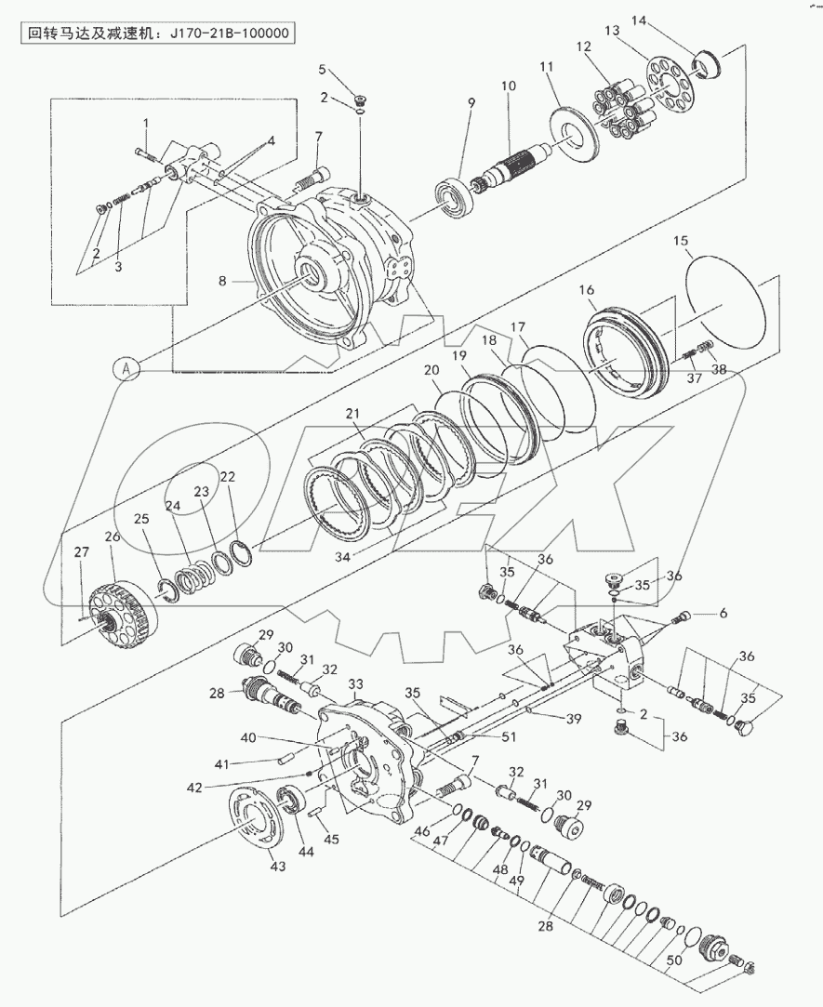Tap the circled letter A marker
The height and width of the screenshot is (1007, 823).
(127, 368)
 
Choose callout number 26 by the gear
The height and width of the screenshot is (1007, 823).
(112, 537)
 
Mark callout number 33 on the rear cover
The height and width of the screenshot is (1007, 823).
(355, 684)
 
